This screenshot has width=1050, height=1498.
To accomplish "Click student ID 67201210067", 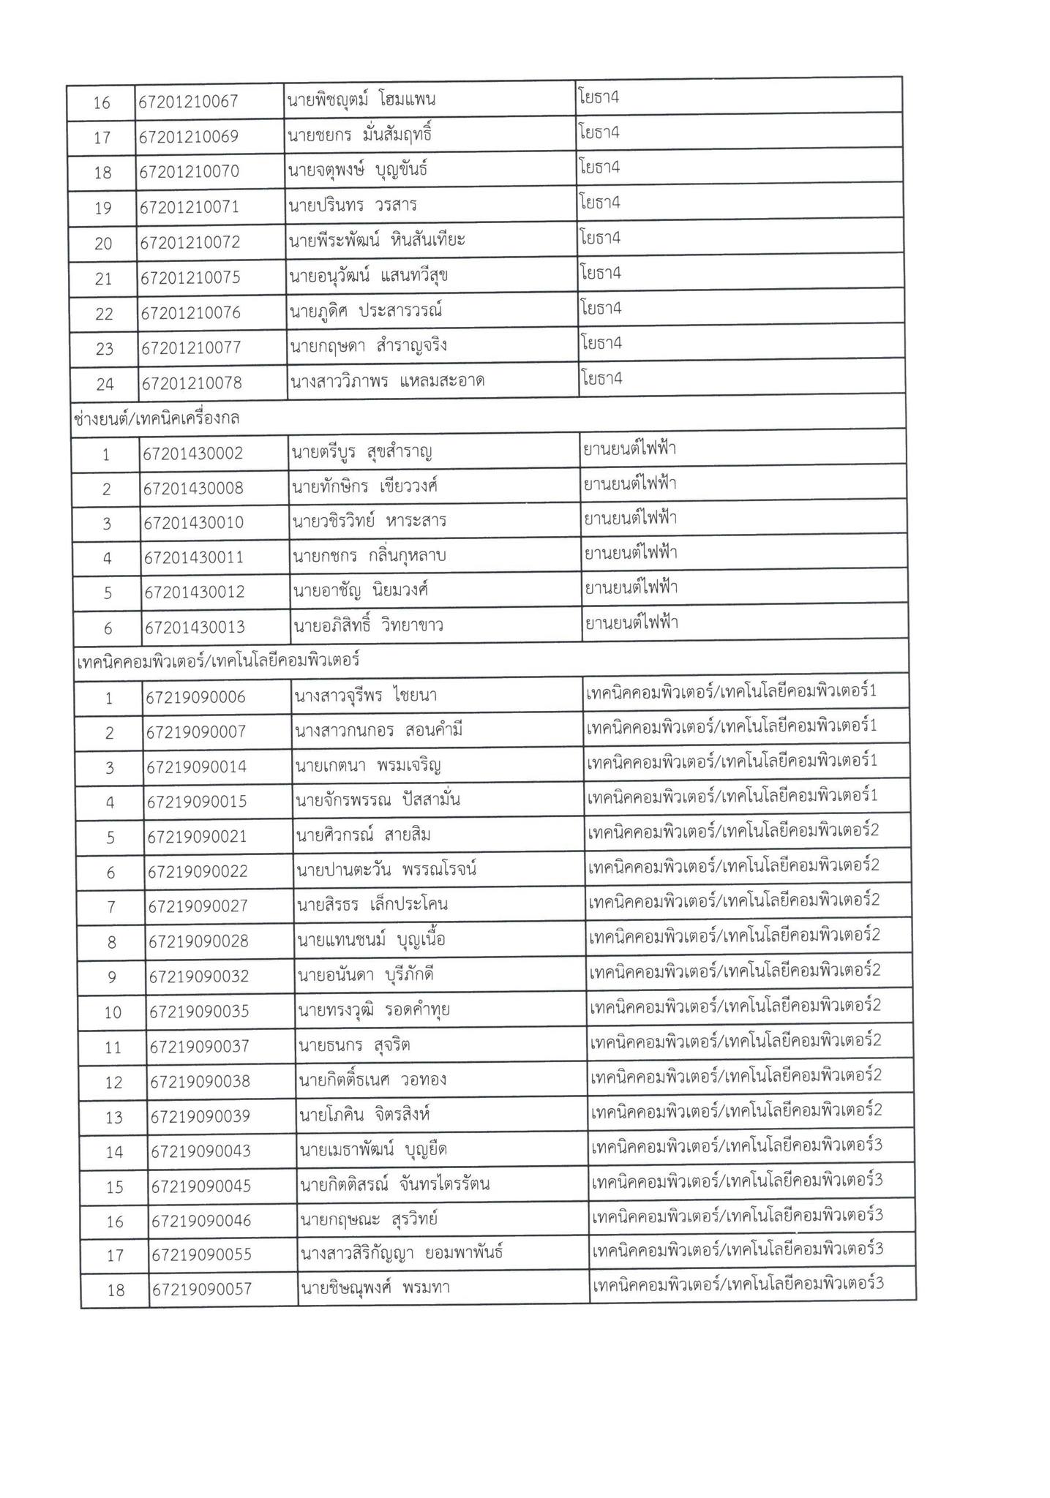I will click(189, 102).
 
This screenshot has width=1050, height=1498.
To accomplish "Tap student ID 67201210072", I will click(190, 242).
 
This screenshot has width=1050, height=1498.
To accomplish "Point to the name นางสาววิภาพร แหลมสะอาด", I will click(387, 381).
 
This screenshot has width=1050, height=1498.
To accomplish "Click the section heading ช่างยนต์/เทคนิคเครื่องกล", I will click(157, 418).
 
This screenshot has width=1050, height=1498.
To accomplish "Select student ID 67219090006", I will click(196, 698).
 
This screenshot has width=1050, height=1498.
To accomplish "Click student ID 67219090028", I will click(199, 941).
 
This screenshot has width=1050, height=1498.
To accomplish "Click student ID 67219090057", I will click(201, 1289).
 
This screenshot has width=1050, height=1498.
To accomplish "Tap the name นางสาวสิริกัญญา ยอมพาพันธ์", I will click(402, 1254).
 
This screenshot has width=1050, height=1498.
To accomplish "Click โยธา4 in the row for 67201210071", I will click(599, 203).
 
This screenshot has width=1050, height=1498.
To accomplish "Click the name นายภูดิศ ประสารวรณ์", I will click(366, 312).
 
